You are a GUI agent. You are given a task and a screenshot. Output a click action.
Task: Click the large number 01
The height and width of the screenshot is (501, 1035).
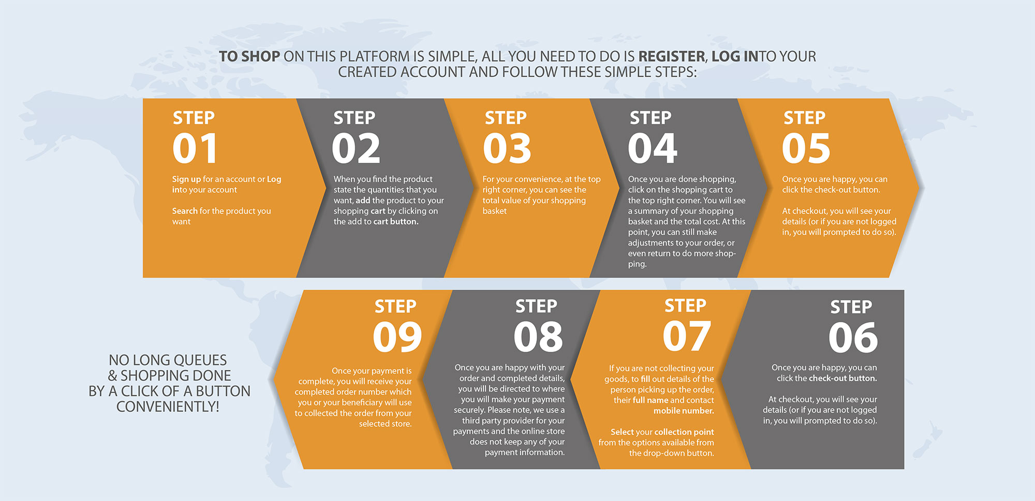(x=195, y=148)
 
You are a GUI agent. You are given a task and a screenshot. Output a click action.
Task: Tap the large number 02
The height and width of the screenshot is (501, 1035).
(x=356, y=148)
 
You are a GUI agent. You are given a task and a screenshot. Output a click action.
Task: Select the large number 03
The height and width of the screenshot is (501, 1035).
(x=507, y=148)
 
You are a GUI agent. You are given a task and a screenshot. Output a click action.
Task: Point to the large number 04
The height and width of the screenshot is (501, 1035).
(x=653, y=148)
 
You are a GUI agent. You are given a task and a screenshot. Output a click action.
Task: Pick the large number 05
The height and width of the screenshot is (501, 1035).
(x=806, y=148)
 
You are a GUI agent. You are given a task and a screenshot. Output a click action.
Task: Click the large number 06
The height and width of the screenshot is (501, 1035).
(x=853, y=337)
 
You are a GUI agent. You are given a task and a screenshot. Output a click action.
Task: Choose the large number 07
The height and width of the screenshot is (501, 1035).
(x=687, y=336)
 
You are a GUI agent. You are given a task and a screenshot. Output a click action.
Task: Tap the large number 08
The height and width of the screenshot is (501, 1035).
(x=538, y=337)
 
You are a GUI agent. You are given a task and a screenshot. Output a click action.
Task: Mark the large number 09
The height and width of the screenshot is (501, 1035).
(x=397, y=337)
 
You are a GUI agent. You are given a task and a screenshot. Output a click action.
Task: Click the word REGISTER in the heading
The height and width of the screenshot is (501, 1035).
(x=672, y=56)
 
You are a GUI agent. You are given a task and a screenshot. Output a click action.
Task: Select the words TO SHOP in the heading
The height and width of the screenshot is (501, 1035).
(x=249, y=56)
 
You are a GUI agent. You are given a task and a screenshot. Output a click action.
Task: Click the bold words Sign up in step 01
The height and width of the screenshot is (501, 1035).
(x=186, y=179)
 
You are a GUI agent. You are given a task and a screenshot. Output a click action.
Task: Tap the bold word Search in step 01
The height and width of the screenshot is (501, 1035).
(x=185, y=211)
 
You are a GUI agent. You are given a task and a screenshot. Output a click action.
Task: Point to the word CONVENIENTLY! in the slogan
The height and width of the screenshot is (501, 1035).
(x=168, y=407)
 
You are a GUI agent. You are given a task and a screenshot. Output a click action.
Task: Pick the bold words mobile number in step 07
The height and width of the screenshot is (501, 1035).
(x=684, y=411)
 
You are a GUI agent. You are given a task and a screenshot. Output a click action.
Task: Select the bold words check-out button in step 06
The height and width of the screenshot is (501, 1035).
(x=842, y=378)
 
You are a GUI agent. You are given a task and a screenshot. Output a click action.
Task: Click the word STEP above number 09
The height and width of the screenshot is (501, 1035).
(x=395, y=306)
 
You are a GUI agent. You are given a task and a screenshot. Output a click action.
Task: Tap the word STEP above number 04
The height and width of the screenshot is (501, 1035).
(x=650, y=118)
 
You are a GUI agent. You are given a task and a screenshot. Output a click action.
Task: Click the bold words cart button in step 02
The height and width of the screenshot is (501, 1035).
(x=396, y=222)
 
